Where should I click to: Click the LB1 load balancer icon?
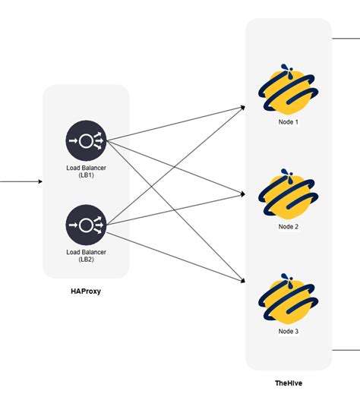(x=86, y=140)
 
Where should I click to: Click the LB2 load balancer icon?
(x=86, y=225)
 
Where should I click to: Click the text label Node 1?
(x=289, y=121)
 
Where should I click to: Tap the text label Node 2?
(x=289, y=226)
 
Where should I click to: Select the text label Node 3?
(x=289, y=330)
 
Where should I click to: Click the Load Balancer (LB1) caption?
(x=86, y=170)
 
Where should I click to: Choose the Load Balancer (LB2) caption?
(x=86, y=255)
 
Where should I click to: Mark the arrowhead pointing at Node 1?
(x=242, y=106)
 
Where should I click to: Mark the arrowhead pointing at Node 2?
(x=242, y=190)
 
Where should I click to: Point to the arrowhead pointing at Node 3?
(x=242, y=282)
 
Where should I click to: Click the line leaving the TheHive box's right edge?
(x=346, y=351)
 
